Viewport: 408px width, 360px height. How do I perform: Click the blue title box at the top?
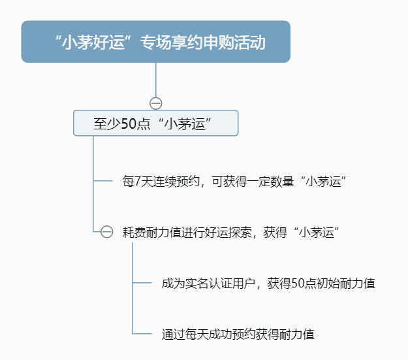tap(155, 42)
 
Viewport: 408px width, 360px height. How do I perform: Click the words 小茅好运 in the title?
tap(93, 42)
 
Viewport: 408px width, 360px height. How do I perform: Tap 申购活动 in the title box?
tap(234, 42)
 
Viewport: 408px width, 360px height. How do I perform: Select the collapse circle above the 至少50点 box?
tap(156, 103)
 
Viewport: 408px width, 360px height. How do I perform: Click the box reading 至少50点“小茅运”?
tap(155, 123)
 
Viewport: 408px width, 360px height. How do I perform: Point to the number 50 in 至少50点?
tap(129, 123)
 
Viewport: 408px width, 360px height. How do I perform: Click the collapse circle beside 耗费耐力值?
tap(106, 231)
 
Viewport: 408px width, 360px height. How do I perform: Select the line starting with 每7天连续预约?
tap(234, 181)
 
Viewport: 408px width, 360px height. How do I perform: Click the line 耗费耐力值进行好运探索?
tap(230, 232)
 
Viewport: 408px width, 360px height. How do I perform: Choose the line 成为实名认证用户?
tap(268, 283)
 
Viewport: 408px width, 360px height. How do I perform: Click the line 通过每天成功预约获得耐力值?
tap(238, 335)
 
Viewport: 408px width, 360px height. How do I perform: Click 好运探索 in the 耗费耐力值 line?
tap(228, 232)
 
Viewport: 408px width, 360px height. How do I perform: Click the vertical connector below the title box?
tap(156, 80)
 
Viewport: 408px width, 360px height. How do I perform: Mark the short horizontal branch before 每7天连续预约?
tap(102, 180)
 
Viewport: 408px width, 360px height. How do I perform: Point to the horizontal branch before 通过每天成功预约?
tap(142, 333)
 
